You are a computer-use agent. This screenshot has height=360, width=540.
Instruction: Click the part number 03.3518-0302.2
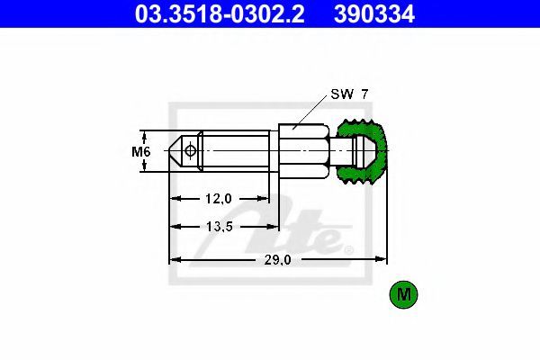(220, 14)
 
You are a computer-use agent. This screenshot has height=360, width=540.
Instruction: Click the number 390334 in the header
(374, 14)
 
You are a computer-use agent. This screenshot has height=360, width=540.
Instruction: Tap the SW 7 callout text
(349, 94)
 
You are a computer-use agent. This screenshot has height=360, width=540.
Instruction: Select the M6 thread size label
(141, 151)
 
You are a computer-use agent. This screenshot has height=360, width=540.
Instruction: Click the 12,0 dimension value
(219, 198)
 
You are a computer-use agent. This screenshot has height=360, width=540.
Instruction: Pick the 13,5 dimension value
(220, 226)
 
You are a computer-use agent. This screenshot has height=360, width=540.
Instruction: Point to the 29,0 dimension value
(277, 260)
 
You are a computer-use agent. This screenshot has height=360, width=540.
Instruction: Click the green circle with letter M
(403, 294)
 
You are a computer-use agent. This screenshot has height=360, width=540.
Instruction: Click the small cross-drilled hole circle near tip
(190, 150)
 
